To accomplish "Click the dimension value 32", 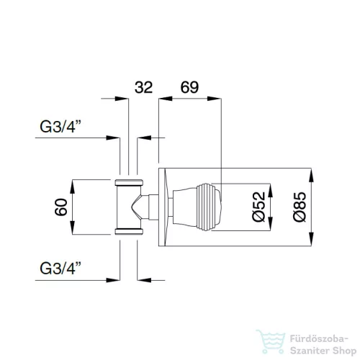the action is click(x=143, y=87).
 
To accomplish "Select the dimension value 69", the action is click(x=189, y=87).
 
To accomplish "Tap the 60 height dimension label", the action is click(x=61, y=207).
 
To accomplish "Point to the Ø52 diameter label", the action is click(x=258, y=207).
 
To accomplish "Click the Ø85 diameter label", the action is click(x=300, y=207).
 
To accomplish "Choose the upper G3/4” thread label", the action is click(x=60, y=127).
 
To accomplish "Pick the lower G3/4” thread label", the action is click(x=60, y=268).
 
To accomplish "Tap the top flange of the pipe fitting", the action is click(x=129, y=183).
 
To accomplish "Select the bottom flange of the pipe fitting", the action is click(x=129, y=231).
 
